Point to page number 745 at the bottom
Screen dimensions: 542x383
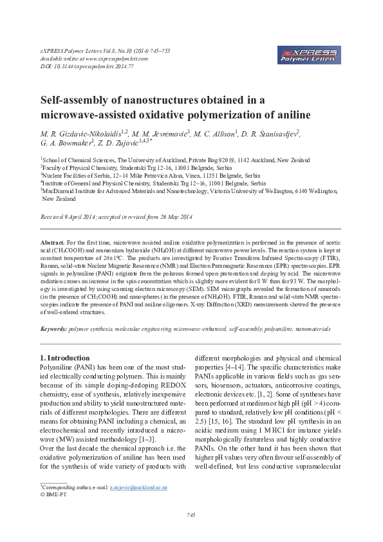191,515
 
